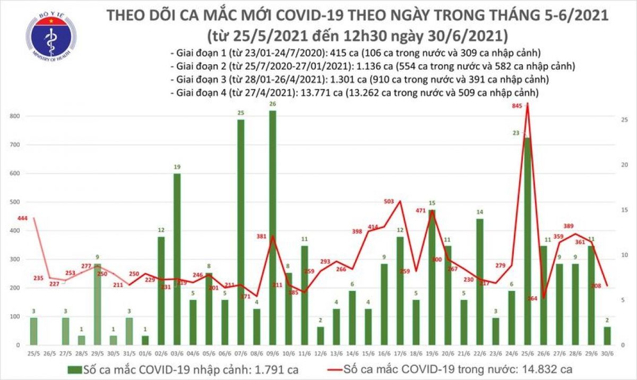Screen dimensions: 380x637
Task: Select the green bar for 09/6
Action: coord(272,228)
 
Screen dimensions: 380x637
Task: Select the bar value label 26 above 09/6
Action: coord(272,104)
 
